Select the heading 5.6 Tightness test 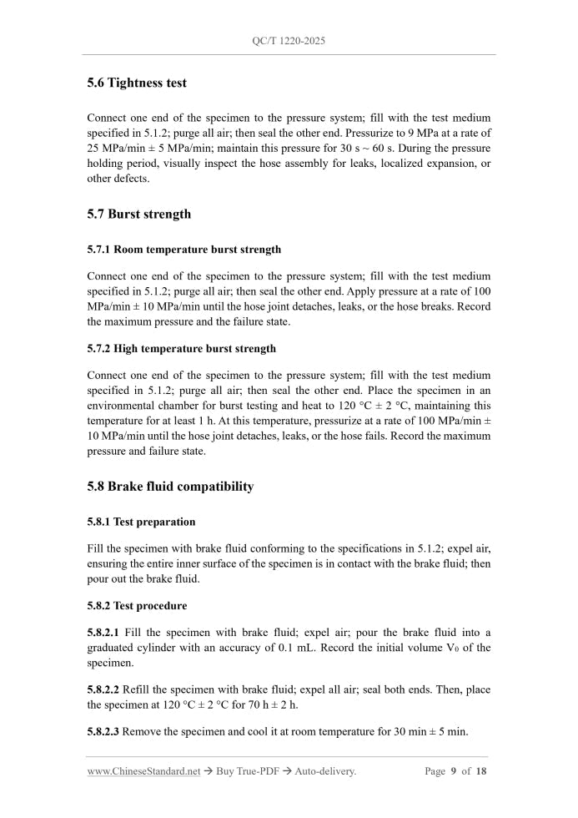(x=137, y=83)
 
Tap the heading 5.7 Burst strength (x=138, y=214)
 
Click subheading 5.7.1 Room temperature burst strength (x=183, y=249)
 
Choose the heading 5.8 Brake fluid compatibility (x=170, y=486)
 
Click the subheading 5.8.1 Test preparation (x=141, y=522)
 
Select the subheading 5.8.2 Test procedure (x=137, y=605)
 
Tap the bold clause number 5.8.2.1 (x=103, y=632)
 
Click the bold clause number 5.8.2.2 (x=103, y=689)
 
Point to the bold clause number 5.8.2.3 (x=103, y=732)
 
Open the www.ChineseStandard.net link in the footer (x=143, y=771)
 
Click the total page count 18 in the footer (x=481, y=771)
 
